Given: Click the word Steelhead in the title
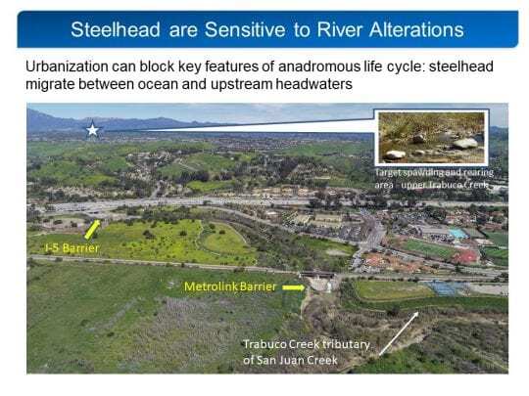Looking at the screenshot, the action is [x=116, y=29].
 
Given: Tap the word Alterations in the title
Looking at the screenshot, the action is [x=416, y=29].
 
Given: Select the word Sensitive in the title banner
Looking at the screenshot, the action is [x=245, y=29].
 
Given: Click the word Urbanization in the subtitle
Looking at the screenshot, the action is [x=67, y=66].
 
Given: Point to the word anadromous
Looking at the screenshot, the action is [x=319, y=66].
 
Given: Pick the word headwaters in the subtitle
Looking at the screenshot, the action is [x=314, y=84].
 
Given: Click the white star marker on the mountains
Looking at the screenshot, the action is [x=92, y=130].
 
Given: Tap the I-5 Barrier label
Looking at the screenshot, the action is [x=72, y=248].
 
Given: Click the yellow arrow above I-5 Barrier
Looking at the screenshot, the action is [x=92, y=230].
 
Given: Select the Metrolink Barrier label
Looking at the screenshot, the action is [x=230, y=286].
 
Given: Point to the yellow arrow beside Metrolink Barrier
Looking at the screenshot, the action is [x=294, y=287].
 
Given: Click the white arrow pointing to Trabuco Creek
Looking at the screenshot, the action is [x=399, y=333].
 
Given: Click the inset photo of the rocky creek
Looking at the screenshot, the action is [x=431, y=138].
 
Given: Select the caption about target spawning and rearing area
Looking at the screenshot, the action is [x=433, y=179].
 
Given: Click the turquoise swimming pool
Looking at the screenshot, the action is [x=458, y=234].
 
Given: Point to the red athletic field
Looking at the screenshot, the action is [x=465, y=257].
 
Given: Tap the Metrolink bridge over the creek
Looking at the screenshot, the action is [x=317, y=275].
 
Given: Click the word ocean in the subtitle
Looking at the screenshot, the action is [x=157, y=84].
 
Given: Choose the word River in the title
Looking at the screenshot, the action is [x=340, y=29].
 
